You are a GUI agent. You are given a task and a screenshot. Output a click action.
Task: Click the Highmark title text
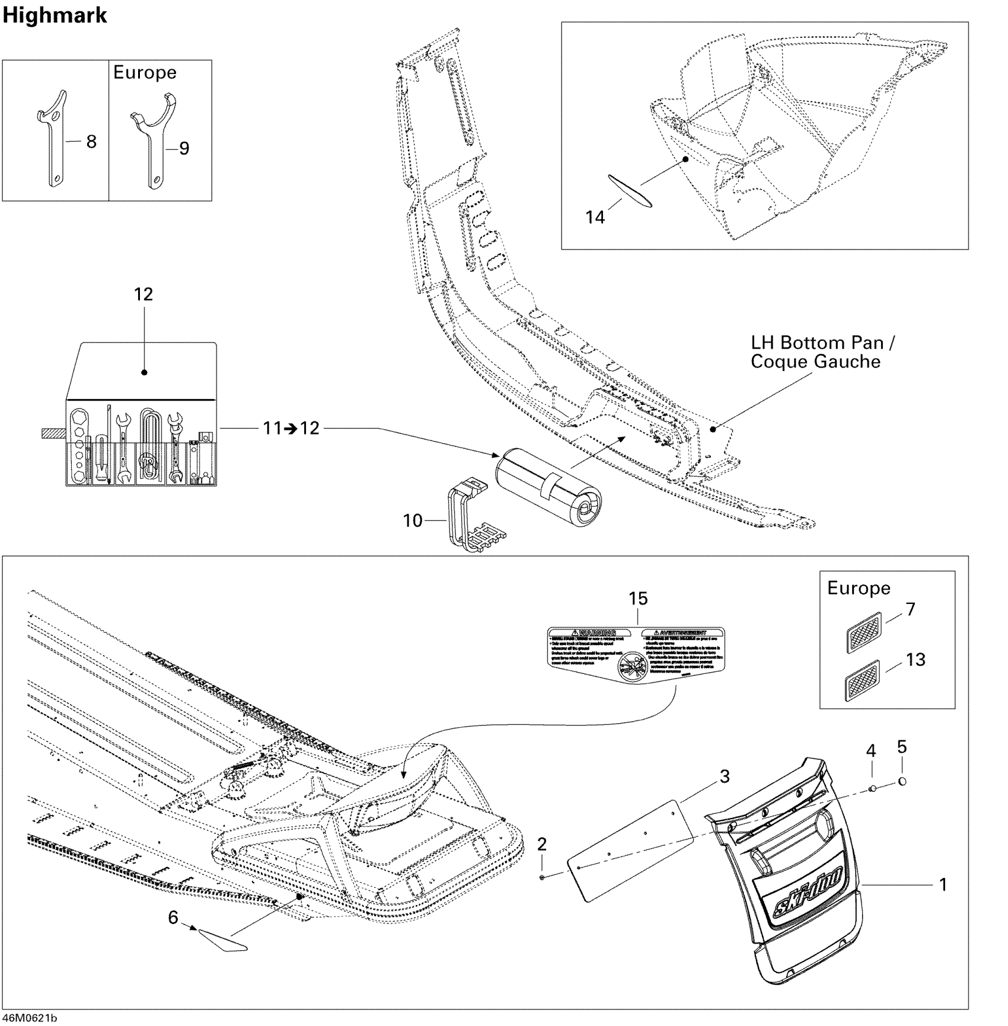pyautogui.click(x=55, y=15)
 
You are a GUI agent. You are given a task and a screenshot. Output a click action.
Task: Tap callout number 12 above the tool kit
pyautogui.click(x=143, y=295)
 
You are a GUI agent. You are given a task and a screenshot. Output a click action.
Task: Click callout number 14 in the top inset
pyautogui.click(x=595, y=218)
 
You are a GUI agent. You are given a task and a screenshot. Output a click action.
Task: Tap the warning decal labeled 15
pyautogui.click(x=635, y=656)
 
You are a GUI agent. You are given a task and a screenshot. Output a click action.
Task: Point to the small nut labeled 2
pyautogui.click(x=543, y=875)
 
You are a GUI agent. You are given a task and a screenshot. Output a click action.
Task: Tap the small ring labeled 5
pyautogui.click(x=902, y=781)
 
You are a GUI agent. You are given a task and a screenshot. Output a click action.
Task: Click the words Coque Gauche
pyautogui.click(x=815, y=362)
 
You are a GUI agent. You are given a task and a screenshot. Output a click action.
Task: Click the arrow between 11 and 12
pyautogui.click(x=291, y=429)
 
